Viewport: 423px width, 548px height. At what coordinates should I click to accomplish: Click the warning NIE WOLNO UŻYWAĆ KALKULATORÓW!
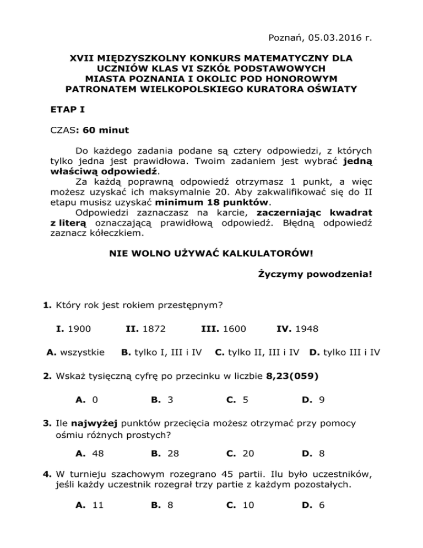point(211,255)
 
